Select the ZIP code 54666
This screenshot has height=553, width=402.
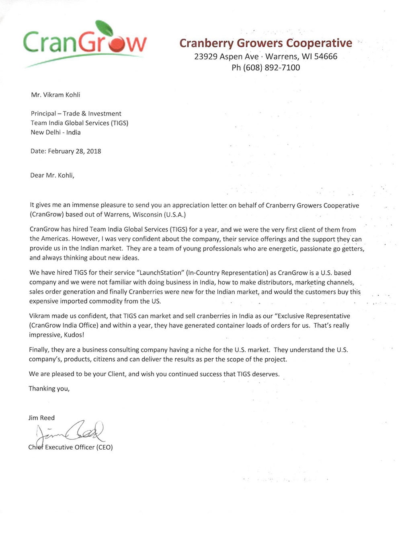point(326,56)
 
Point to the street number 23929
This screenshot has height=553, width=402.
point(206,56)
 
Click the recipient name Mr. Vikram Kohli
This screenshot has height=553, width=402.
point(55,95)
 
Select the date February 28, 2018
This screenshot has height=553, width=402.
point(74,151)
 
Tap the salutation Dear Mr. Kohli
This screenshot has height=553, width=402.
point(52,175)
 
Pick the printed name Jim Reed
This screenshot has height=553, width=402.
point(41,418)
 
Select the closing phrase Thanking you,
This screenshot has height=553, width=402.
point(49,389)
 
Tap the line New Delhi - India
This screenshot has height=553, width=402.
point(55,132)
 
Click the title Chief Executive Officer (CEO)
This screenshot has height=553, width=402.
point(71,447)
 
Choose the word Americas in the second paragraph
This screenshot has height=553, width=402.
point(55,239)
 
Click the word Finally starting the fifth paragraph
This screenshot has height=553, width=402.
point(39,350)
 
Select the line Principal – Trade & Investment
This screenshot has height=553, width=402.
point(76,114)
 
